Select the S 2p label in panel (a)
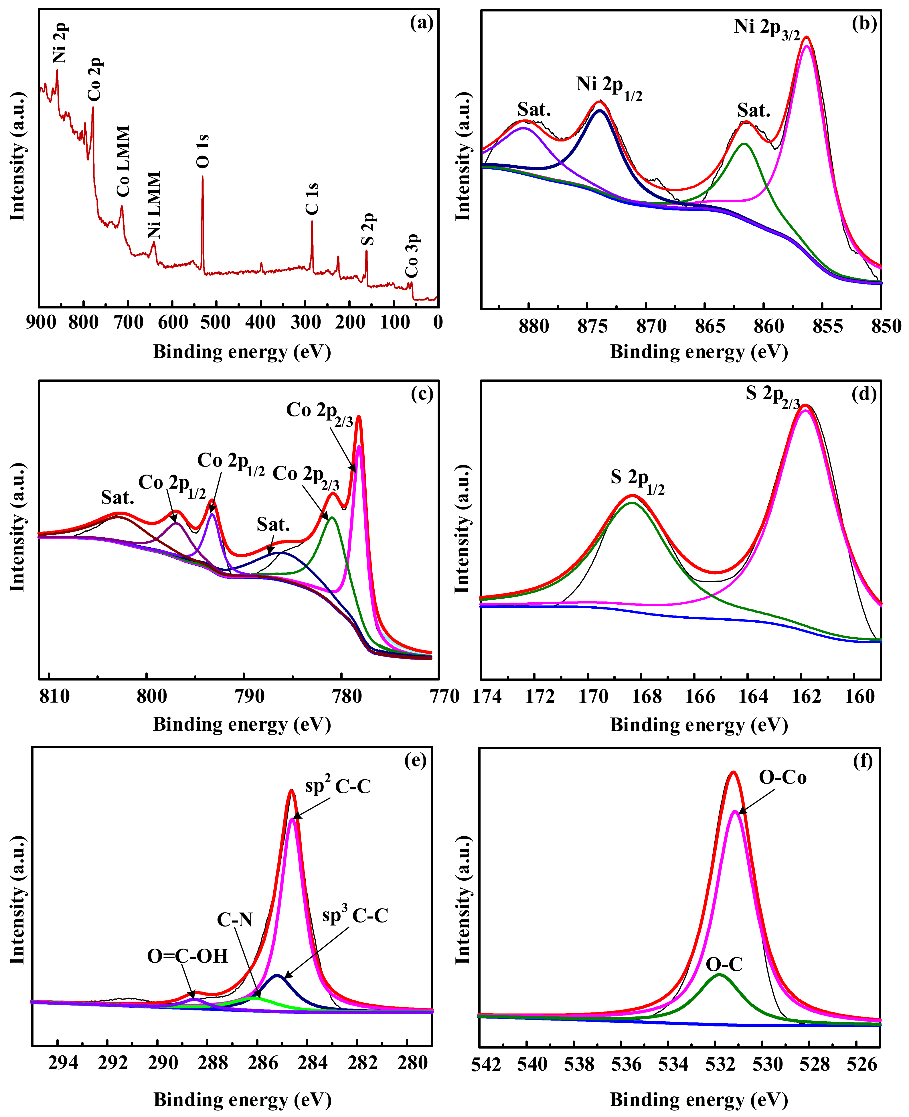(368, 229)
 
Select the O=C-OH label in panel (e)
(187, 956)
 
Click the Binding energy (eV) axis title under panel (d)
(699, 725)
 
